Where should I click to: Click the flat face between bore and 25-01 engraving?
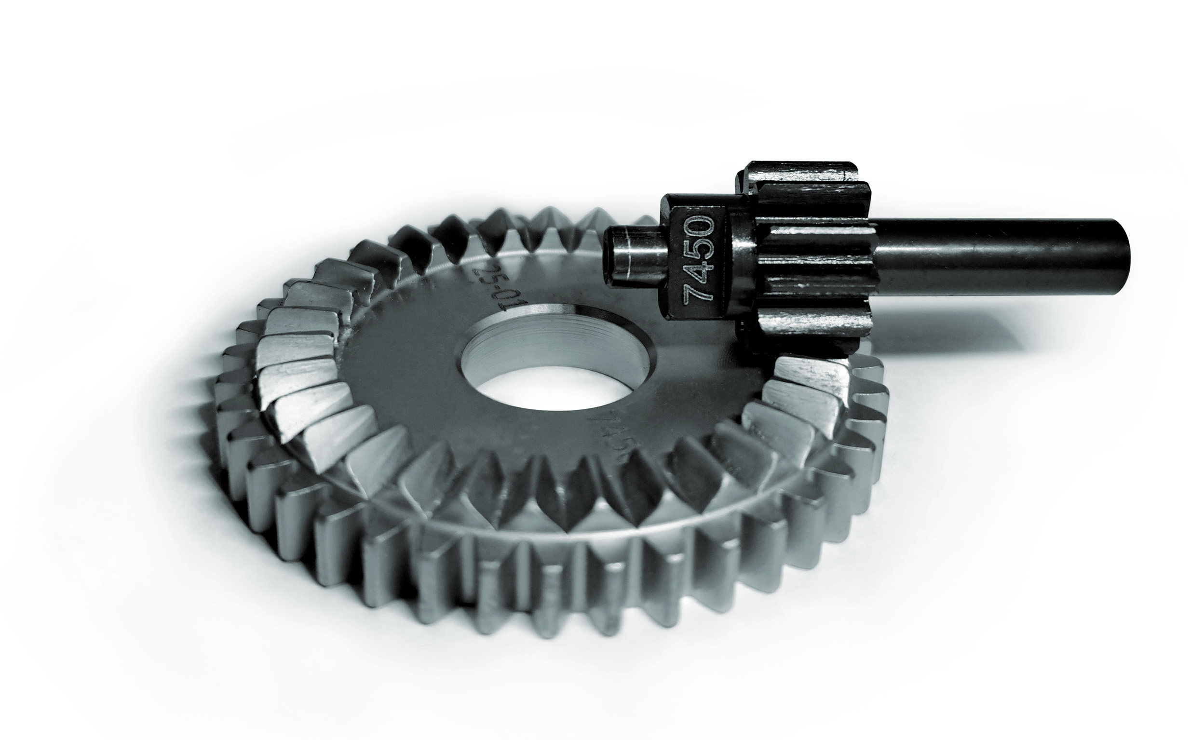tap(431, 352)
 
